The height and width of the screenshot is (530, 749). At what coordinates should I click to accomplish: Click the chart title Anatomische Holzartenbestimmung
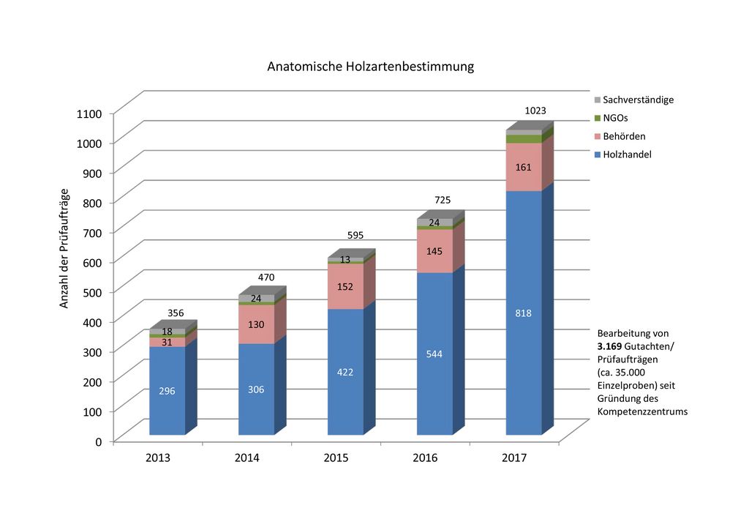point(370,67)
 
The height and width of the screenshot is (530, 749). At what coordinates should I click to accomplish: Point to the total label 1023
point(535,111)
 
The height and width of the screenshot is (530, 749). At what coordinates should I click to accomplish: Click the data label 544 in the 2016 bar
point(434,354)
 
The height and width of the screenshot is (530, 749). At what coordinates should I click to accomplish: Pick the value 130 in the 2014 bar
point(256,324)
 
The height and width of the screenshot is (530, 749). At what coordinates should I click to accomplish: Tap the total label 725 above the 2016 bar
point(443,200)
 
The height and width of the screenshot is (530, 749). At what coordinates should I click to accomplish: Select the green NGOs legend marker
point(597,118)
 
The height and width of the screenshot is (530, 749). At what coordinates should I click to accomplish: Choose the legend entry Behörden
point(624,136)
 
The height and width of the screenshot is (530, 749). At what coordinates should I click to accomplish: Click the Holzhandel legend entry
point(627,154)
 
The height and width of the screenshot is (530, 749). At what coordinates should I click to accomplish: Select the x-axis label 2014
point(246,458)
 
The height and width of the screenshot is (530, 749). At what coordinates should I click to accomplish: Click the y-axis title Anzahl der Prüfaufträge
point(64,248)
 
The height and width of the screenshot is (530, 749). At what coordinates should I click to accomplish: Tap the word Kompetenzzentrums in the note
point(642,412)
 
